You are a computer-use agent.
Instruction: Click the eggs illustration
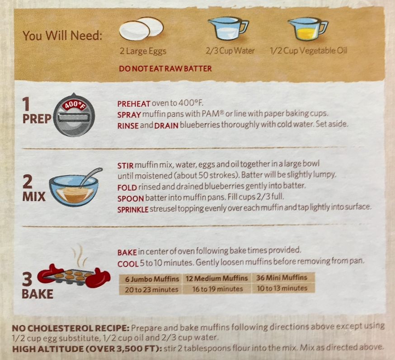point(141,29)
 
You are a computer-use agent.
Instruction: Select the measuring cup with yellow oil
point(308,29)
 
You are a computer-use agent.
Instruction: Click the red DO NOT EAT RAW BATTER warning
point(165,69)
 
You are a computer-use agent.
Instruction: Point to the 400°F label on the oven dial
point(74,104)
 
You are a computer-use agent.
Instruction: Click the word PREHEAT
point(134,104)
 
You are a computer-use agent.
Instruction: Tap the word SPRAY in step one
point(129,115)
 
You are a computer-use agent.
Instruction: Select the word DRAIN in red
point(166,125)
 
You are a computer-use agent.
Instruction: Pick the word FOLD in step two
point(127,188)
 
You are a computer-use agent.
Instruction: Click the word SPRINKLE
point(133,209)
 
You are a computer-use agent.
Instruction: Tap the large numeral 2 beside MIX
point(28,182)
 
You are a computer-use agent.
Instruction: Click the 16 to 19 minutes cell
point(217,289)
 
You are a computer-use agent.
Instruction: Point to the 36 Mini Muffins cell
point(282,278)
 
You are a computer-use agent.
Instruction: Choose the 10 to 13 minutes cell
point(282,288)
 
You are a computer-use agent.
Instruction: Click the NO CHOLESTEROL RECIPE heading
point(71,328)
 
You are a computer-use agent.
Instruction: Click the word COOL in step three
point(128,264)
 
